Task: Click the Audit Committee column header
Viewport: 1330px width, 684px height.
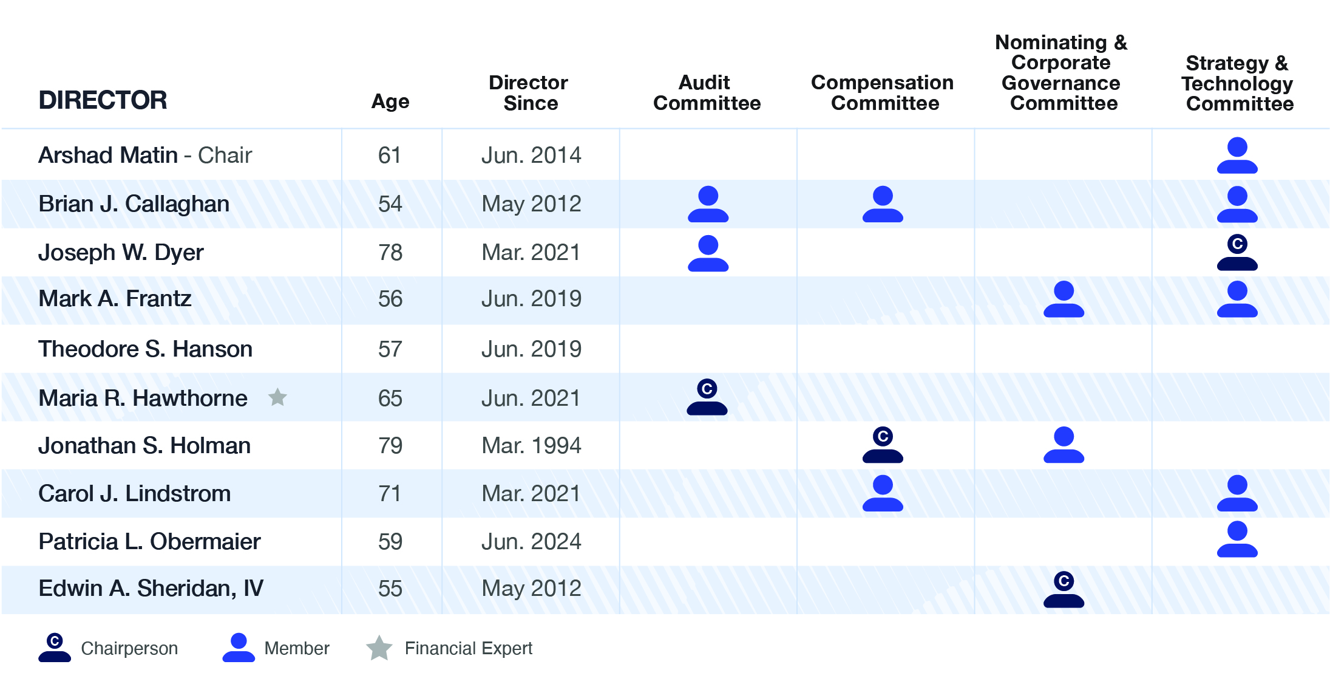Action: click(707, 92)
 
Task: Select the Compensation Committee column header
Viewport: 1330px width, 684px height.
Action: click(883, 92)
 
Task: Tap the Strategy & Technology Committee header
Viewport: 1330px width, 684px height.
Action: click(1238, 83)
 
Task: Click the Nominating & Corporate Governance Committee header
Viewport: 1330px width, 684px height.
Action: click(1061, 72)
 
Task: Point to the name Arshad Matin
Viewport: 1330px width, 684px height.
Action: click(108, 156)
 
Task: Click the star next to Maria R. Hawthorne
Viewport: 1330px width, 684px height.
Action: click(277, 397)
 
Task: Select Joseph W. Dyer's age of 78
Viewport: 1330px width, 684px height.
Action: click(390, 252)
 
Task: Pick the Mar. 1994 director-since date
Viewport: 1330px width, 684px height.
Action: click(531, 445)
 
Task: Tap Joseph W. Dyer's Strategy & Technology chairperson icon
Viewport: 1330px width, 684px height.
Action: click(1237, 252)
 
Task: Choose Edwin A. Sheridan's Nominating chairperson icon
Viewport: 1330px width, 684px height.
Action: click(1064, 589)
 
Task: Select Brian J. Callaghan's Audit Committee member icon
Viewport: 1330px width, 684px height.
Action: click(708, 204)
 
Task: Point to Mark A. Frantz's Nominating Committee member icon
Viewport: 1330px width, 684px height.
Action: click(1064, 299)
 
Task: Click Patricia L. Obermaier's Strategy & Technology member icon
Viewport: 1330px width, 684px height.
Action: click(1237, 539)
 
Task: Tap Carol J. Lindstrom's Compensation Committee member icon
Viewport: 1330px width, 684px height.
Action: click(883, 493)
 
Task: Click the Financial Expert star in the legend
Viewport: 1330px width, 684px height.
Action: click(379, 648)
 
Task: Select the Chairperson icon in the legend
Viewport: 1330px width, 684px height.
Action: click(55, 648)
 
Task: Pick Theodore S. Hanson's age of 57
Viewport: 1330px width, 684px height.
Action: click(390, 349)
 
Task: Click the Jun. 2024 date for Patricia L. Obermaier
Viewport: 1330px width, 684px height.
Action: click(531, 541)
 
